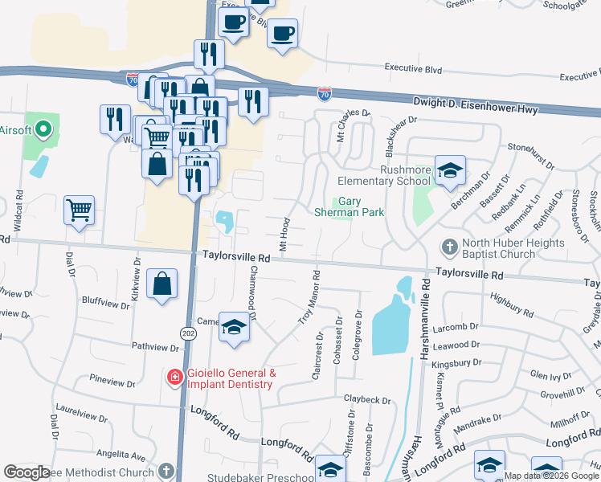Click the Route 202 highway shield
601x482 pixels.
[188, 333]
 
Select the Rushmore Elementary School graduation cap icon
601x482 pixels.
[450, 170]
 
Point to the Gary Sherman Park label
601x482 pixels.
[359, 206]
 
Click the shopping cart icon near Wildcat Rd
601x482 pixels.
[80, 210]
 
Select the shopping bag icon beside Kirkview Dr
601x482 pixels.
[161, 284]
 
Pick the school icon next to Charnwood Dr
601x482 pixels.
[234, 328]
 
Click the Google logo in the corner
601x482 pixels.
[27, 472]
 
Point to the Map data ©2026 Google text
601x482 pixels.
[551, 476]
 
